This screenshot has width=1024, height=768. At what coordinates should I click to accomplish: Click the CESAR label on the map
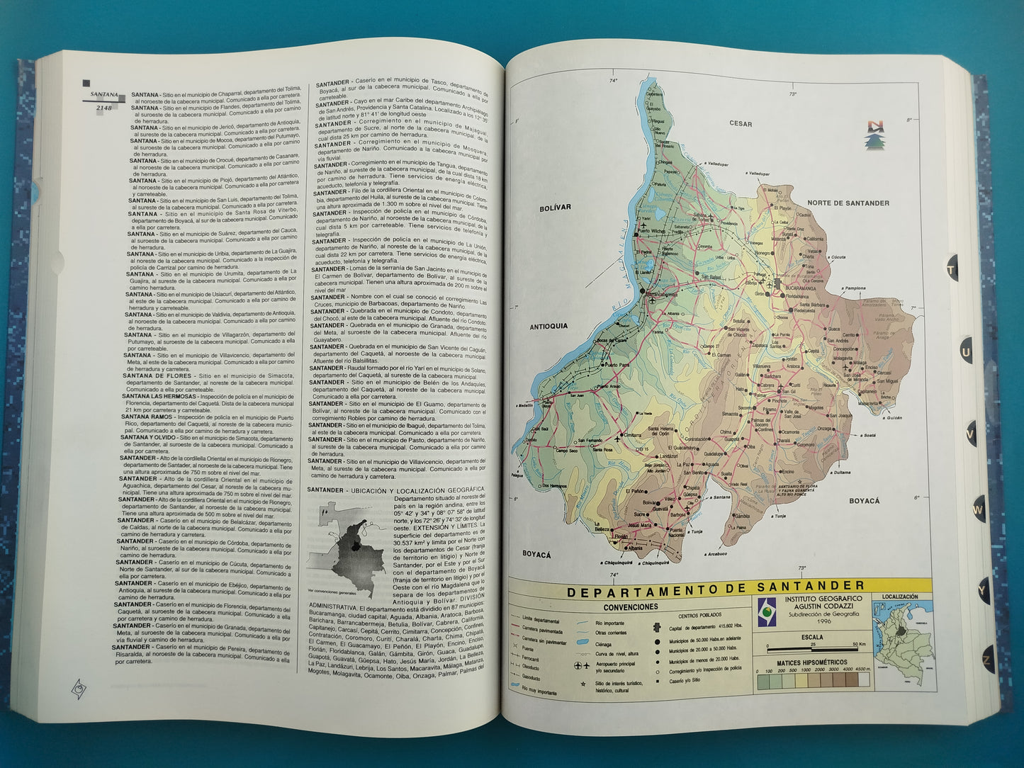(741, 123)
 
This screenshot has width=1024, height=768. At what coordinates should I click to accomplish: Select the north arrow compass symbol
(876, 135)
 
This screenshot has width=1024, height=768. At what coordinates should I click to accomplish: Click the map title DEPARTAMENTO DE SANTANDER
(716, 587)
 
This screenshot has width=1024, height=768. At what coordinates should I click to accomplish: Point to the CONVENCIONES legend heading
(630, 607)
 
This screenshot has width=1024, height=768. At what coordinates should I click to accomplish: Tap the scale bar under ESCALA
(811, 648)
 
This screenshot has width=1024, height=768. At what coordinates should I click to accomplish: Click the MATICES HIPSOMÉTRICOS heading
(811, 663)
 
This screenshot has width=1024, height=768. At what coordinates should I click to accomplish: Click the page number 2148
(103, 108)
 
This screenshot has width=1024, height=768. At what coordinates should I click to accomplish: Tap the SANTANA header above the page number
(103, 94)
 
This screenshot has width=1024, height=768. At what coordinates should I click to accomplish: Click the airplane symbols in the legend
(581, 667)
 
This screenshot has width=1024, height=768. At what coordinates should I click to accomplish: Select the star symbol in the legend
(582, 684)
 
